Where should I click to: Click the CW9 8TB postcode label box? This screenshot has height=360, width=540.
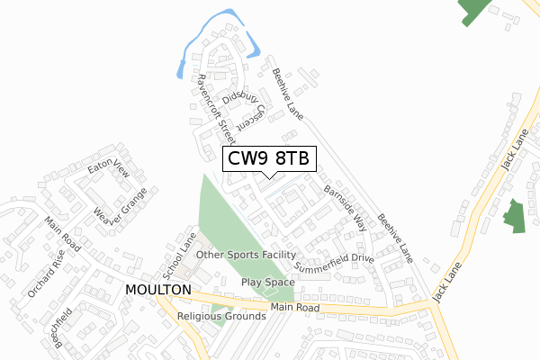coord(268,159)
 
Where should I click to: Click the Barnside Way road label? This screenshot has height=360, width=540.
coord(346,209)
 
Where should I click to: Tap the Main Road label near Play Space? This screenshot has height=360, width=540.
coord(294,309)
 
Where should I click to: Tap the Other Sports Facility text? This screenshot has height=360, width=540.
coord(246,255)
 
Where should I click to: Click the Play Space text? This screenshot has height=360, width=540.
coord(263,282)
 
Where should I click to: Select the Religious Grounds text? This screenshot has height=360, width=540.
coord(222,317)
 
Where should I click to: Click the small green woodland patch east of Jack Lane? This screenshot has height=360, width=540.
coord(513,215)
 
